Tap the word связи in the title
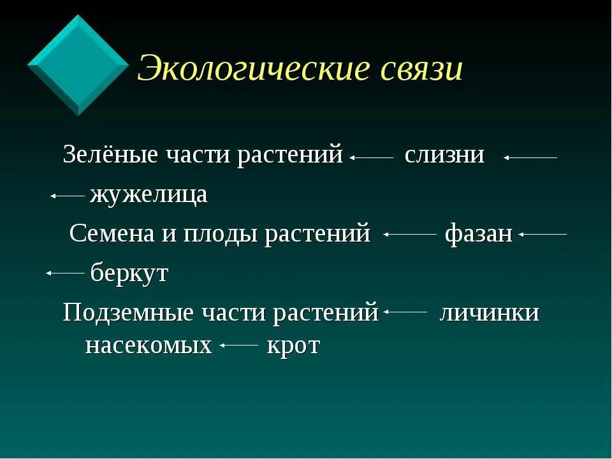421,68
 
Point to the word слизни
444,155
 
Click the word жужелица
149,194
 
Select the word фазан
478,234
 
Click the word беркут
129,273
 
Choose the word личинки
489,313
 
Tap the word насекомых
148,346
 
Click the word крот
293,346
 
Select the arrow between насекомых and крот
238,346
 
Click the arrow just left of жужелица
68,196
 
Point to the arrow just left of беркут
65,273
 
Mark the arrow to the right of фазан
543,235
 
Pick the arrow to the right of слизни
530,157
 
